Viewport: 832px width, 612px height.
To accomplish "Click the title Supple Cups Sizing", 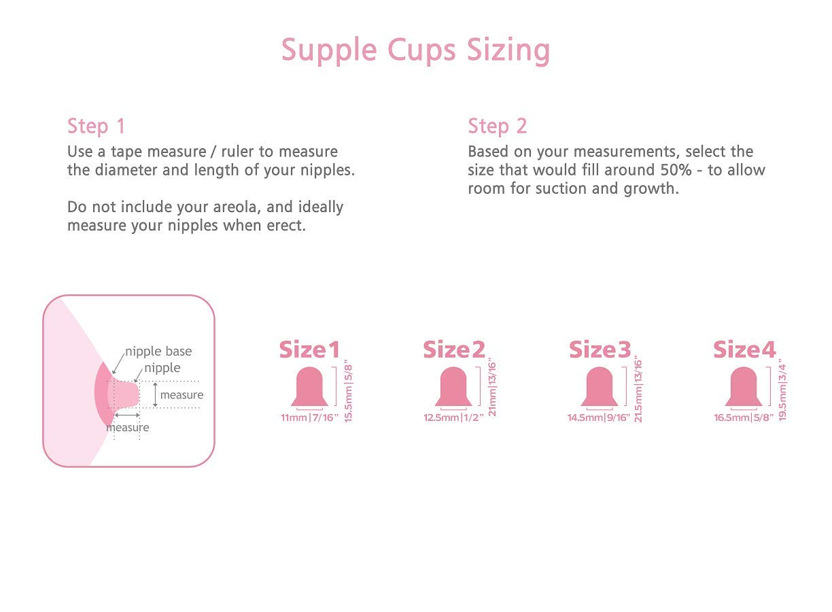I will click(415, 50).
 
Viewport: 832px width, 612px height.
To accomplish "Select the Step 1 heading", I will click(96, 126).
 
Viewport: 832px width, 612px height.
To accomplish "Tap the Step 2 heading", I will click(497, 126).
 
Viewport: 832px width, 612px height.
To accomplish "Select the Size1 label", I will click(309, 350).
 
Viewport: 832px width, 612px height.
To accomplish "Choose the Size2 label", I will click(454, 350).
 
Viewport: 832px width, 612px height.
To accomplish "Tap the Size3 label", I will click(600, 350).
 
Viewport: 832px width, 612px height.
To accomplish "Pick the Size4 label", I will click(744, 350).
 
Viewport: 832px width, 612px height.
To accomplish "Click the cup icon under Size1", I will click(310, 386).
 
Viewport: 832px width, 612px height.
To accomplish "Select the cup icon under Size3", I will click(600, 386).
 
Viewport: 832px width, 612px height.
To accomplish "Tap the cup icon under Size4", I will click(743, 386).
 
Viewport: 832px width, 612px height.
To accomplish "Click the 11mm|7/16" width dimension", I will click(309, 418).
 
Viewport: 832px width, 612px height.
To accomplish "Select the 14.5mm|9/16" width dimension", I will click(600, 418).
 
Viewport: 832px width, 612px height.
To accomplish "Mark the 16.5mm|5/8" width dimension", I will click(744, 418).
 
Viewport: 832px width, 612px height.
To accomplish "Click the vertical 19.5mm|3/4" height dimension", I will click(782, 390).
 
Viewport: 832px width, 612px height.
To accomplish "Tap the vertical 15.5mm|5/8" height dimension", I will click(348, 391).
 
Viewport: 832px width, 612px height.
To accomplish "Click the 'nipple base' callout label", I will click(158, 352).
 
